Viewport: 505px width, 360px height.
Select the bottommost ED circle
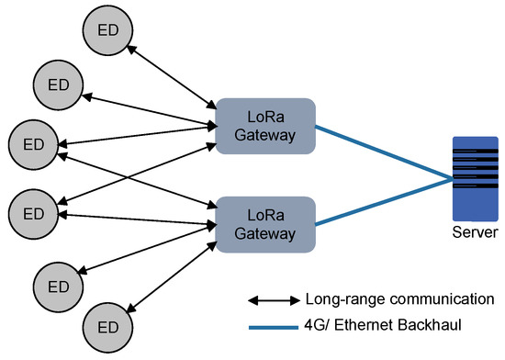pyautogui.click(x=109, y=326)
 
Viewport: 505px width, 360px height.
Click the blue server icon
pyautogui.click(x=475, y=175)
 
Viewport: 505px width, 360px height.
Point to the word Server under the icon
pyautogui.click(x=475, y=231)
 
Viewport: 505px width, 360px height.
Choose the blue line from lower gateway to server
pyautogui.click(x=386, y=203)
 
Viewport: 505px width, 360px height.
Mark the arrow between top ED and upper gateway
pyautogui.click(x=170, y=70)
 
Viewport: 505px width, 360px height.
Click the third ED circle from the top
pyautogui.click(x=33, y=143)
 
